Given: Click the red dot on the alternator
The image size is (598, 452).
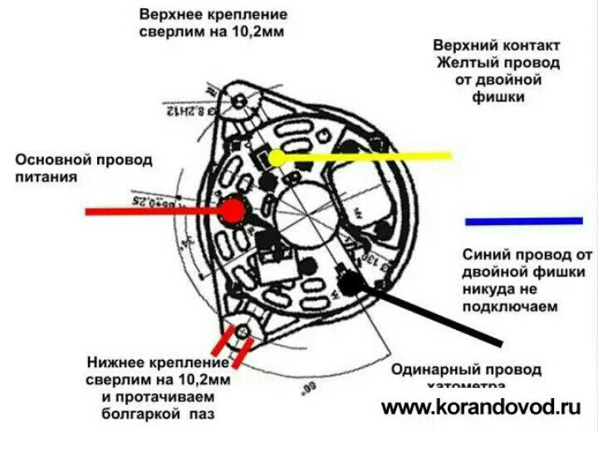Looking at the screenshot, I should click(x=233, y=210).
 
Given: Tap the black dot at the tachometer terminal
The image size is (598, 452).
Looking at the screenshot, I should click(x=351, y=283).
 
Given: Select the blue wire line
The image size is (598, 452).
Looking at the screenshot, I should click(x=523, y=221).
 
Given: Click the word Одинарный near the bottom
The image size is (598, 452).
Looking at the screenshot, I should click(x=432, y=369).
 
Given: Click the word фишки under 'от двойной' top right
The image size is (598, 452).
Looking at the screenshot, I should click(x=495, y=98).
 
